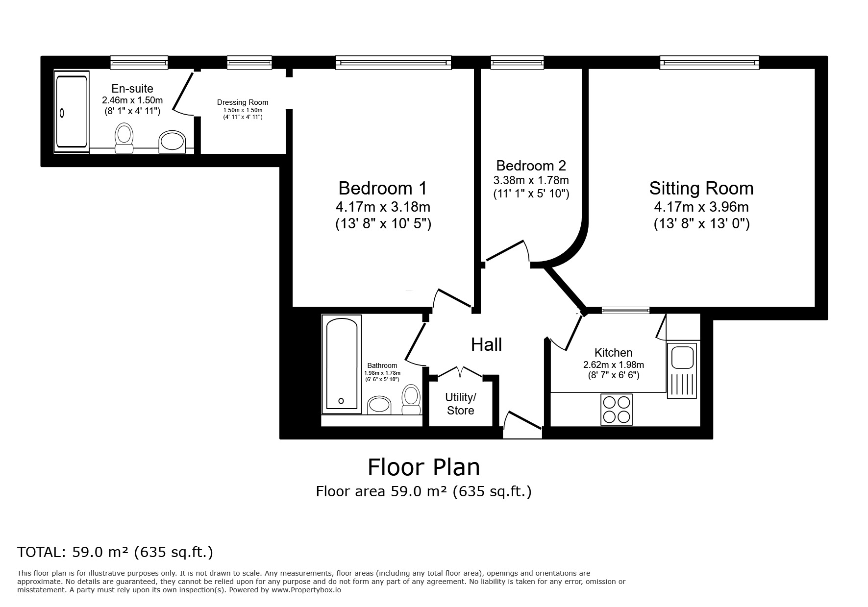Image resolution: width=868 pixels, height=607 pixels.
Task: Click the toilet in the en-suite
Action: (124, 138)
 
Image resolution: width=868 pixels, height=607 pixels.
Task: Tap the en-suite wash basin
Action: (172, 142)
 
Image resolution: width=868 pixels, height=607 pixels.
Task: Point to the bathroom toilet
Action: (411, 399)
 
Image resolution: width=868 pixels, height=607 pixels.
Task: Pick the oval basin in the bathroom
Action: (379, 405)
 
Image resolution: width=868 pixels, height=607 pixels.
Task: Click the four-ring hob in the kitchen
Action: (617, 410)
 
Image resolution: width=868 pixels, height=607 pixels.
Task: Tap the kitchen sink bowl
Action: (681, 356)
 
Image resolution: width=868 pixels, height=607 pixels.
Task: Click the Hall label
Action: (486, 345)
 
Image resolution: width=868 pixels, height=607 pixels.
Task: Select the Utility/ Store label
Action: (460, 404)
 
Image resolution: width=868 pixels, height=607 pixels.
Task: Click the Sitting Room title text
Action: (701, 188)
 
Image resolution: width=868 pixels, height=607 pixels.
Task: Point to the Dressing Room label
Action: (243, 102)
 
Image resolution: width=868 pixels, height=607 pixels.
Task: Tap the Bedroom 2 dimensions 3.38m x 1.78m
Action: (531, 180)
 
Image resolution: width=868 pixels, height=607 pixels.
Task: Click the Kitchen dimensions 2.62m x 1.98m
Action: (613, 364)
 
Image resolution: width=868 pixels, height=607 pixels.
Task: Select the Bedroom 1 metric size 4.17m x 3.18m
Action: (383, 207)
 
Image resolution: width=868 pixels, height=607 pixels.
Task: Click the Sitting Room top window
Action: (709, 62)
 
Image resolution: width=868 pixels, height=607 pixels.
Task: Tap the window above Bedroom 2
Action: (517, 62)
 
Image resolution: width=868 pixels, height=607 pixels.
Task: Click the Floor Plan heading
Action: (424, 467)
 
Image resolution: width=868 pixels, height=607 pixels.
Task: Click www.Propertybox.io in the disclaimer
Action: (306, 590)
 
